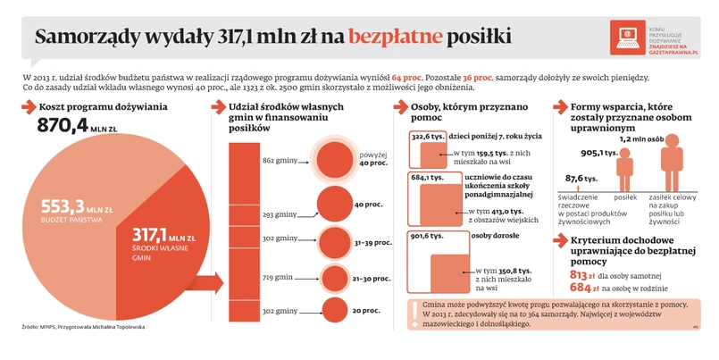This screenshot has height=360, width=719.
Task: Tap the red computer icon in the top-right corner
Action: click(626, 36)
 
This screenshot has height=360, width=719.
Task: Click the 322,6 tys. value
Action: click(428, 137)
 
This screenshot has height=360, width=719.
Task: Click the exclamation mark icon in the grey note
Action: click(414, 312)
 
